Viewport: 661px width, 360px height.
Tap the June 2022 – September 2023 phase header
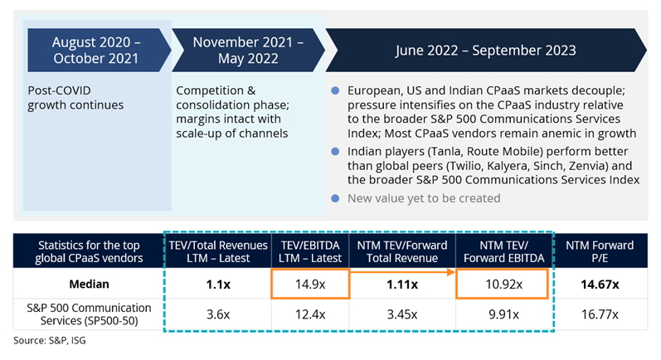pyautogui.click(x=484, y=51)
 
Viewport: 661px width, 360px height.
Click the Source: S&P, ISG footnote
pyautogui.click(x=47, y=341)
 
